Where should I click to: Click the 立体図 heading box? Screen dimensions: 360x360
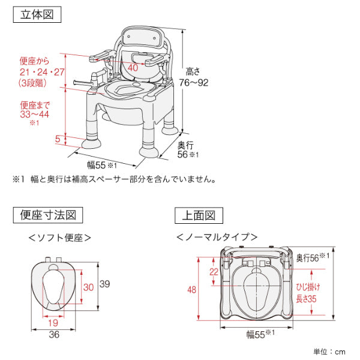point(37,15)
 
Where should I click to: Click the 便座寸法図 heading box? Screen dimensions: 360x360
point(47,215)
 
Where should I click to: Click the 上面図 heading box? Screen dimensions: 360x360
point(199,215)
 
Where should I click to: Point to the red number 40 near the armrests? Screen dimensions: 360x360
point(133,68)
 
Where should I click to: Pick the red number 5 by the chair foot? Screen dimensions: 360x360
point(58,139)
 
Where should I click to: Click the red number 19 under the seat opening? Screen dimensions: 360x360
point(53,322)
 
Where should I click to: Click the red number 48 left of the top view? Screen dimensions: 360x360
point(192,290)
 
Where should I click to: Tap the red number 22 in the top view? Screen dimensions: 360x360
point(214,272)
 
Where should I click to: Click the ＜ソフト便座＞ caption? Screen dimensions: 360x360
point(60,238)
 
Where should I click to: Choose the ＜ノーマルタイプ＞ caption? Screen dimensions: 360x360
point(217,238)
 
